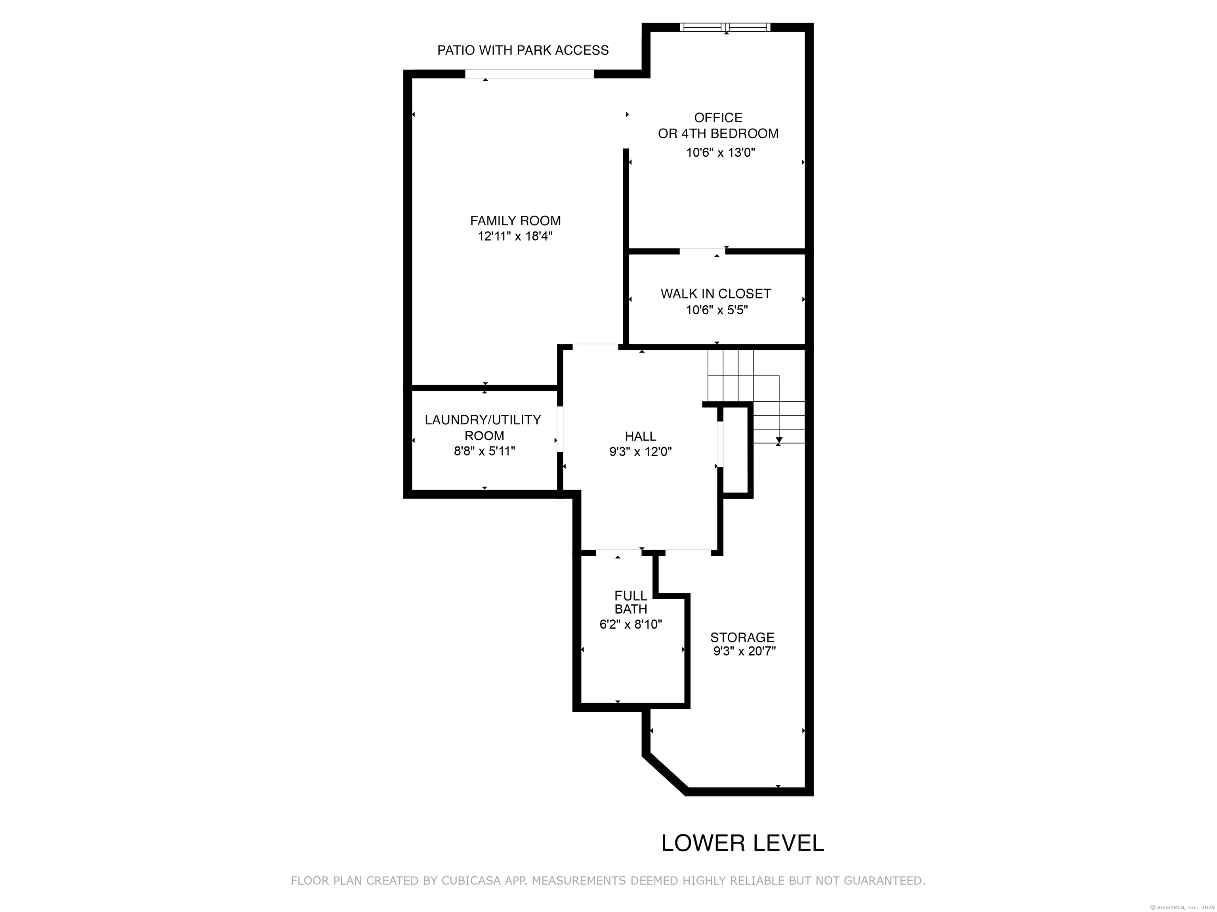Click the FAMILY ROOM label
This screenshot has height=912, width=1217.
[x=515, y=221]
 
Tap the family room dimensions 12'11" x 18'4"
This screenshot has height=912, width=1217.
[x=515, y=236]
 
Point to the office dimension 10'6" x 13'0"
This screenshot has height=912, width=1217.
[x=721, y=153]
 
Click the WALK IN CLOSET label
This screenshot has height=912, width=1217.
[x=716, y=294]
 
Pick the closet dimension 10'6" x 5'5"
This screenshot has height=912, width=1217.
[x=717, y=310]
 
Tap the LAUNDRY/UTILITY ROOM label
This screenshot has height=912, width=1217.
[x=483, y=427]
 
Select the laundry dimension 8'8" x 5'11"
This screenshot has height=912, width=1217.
[x=484, y=451]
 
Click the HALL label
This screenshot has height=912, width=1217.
[x=641, y=437]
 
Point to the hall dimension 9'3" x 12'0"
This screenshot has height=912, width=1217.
[x=641, y=452]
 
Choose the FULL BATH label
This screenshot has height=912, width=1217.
[x=631, y=602]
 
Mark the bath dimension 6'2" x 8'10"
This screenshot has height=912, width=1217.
[x=631, y=625]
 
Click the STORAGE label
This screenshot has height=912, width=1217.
[x=742, y=638]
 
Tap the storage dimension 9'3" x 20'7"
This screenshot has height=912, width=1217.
[x=744, y=652]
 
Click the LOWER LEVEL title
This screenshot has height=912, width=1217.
[x=743, y=843]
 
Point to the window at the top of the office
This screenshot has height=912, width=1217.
[x=725, y=27]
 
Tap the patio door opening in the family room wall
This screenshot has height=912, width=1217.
[x=530, y=74]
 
